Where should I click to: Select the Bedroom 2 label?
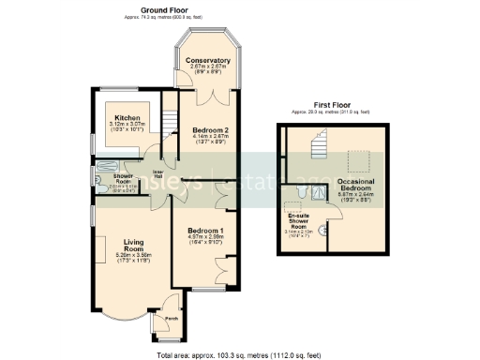[211, 129]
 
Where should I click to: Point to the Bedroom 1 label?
[205, 231]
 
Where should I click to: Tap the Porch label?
[171, 319]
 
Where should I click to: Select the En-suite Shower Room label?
[298, 221]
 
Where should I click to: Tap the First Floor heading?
[335, 104]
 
